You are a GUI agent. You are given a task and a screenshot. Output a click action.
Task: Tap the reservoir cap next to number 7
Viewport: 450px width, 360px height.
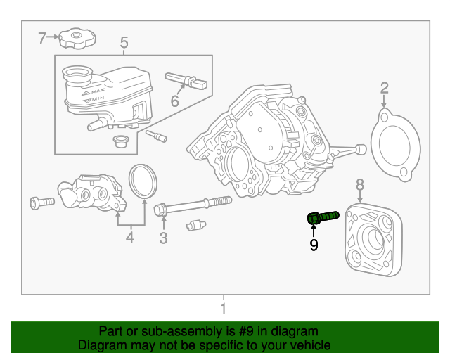pyautogui.click(x=77, y=38)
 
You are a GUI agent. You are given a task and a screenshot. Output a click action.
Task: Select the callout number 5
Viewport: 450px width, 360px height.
pyautogui.click(x=124, y=44)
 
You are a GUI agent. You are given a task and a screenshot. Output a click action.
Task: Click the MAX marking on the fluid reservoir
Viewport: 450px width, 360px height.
pyautogui.click(x=98, y=92)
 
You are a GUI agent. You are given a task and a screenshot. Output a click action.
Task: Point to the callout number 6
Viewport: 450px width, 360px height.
pyautogui.click(x=174, y=101)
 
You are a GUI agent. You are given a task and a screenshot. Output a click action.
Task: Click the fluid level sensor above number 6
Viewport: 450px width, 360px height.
pyautogui.click(x=186, y=81)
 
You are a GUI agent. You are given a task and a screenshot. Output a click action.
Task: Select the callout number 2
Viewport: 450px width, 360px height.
pyautogui.click(x=385, y=88)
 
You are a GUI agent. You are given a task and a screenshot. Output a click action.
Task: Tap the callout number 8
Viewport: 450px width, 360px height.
pyautogui.click(x=360, y=184)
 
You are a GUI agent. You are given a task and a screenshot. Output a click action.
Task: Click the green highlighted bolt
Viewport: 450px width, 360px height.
pyautogui.click(x=323, y=217)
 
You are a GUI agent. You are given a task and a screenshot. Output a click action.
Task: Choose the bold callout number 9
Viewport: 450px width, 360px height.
pyautogui.click(x=314, y=245)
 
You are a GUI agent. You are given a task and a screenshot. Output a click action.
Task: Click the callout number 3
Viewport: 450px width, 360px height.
pyautogui.click(x=163, y=238)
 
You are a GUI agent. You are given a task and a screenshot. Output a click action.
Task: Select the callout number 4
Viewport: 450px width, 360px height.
pyautogui.click(x=130, y=238)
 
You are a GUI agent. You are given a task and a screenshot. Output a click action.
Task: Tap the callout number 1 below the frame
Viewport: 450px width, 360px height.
pyautogui.click(x=223, y=309)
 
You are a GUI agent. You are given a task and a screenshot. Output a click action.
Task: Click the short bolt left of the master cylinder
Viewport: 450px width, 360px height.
pyautogui.click(x=41, y=202)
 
